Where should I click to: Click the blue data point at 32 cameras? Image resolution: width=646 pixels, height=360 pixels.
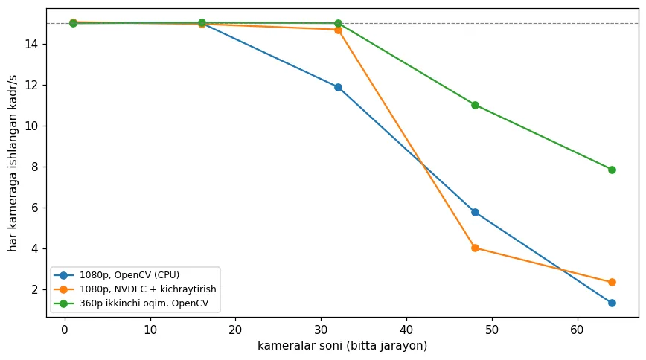point(338,87)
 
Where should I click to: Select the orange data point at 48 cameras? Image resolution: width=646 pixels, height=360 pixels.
point(475,248)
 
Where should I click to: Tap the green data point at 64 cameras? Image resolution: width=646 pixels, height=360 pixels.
point(612,170)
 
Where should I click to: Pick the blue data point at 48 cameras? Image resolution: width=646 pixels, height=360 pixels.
point(475,213)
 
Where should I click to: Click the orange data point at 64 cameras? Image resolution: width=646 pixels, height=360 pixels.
point(612,282)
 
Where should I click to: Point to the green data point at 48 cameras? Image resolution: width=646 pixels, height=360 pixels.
point(475,105)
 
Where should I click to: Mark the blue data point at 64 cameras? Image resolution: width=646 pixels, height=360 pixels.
point(612,303)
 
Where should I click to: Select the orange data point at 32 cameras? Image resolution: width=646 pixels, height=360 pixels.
point(338,30)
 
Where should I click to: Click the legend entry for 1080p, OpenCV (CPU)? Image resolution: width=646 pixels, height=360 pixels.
point(129,275)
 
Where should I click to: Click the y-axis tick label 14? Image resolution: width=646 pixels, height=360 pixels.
point(31,44)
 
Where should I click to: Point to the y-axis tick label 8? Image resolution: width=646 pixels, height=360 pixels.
point(34,167)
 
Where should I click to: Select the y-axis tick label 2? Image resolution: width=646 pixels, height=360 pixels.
point(34,289)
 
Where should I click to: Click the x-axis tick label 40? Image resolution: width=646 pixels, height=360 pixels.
point(406,330)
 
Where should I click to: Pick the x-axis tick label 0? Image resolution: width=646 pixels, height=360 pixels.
point(65,330)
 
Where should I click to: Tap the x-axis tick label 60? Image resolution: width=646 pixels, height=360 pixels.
point(578,330)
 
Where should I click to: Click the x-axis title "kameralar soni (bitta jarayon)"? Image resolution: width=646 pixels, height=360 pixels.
point(342,346)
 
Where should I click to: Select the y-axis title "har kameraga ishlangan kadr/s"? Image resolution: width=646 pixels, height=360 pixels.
point(13,164)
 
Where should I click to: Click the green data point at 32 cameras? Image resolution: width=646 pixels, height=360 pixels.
point(338,23)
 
